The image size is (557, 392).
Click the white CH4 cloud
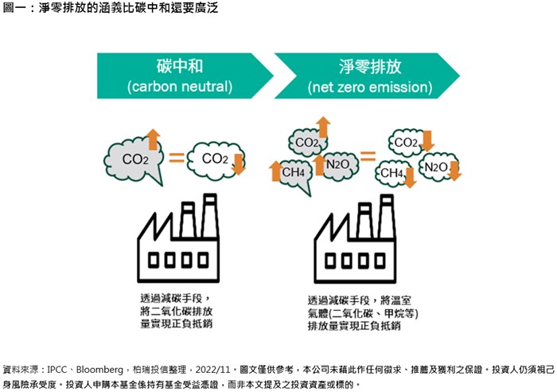pos(393,172)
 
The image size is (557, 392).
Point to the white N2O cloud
pos(434,167)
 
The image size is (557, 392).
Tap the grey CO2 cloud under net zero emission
pos(306,143)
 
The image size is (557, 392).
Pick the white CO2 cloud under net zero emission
pos(406,143)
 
